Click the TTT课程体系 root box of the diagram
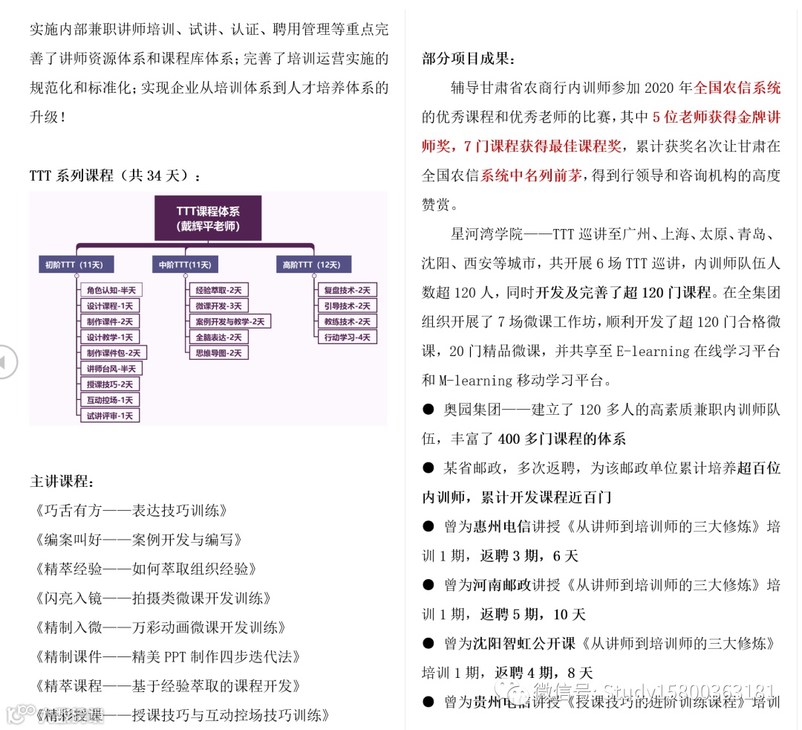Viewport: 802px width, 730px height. [208, 218]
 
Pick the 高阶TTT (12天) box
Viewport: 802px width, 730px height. [311, 265]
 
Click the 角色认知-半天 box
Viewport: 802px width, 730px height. [111, 290]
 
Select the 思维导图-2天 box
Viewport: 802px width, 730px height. [218, 352]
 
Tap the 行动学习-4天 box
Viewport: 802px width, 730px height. [346, 337]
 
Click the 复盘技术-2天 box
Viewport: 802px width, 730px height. [346, 290]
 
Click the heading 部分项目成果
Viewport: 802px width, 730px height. [469, 59]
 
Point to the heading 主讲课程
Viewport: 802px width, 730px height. [62, 481]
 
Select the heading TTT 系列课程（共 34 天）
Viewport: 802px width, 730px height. [115, 176]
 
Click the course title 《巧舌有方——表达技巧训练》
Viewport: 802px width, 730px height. [130, 511]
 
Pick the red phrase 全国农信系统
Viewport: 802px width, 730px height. [737, 88]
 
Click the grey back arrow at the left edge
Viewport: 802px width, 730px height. [7, 362]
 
